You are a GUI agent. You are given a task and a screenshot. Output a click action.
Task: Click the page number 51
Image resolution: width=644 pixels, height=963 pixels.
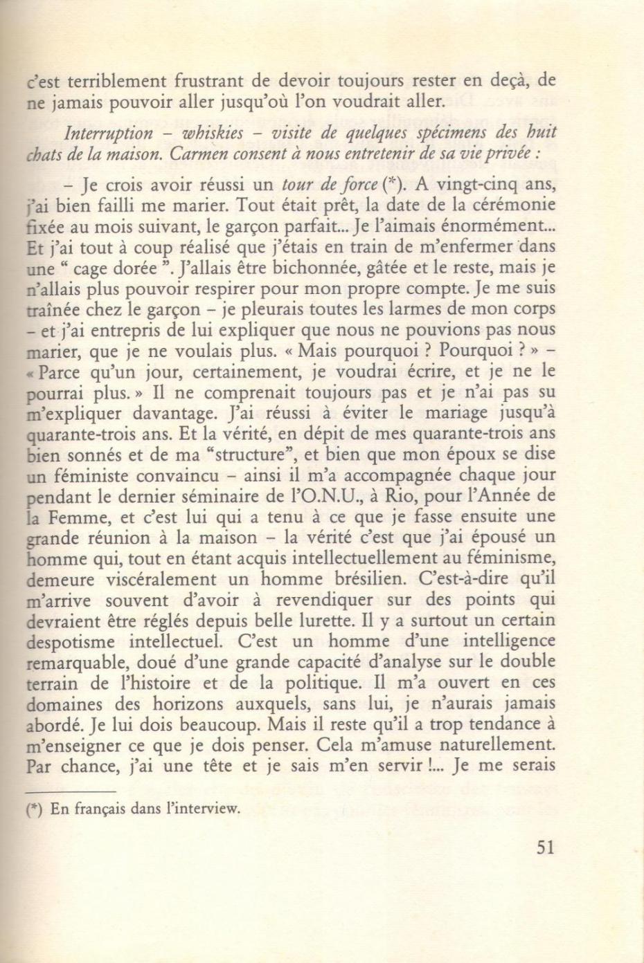tap(546, 847)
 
